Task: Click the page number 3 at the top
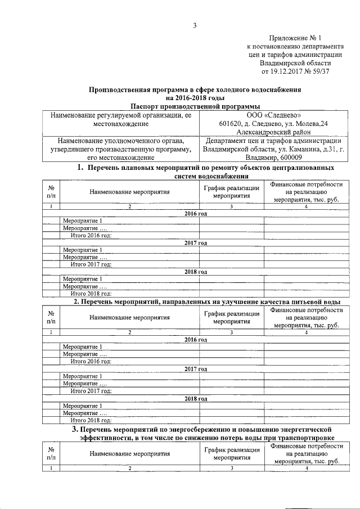coord(195,24)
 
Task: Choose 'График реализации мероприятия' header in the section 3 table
coord(231,453)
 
